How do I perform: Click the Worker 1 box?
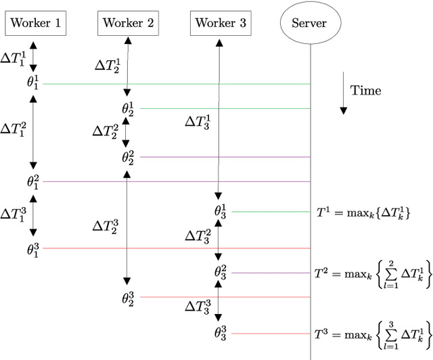[x=34, y=24]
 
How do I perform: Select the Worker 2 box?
[x=128, y=24]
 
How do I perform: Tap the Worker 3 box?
[x=221, y=24]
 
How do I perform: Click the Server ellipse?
[x=310, y=24]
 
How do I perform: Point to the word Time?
[x=366, y=91]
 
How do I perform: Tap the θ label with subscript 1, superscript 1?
[x=32, y=84]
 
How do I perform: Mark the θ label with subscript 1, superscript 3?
[x=32, y=249]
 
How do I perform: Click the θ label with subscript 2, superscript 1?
[x=128, y=108]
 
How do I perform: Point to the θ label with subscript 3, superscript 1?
[x=221, y=211]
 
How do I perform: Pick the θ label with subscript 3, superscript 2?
[x=221, y=272]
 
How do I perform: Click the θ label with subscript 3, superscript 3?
[x=221, y=333]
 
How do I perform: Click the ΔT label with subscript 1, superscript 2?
[x=14, y=129]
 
